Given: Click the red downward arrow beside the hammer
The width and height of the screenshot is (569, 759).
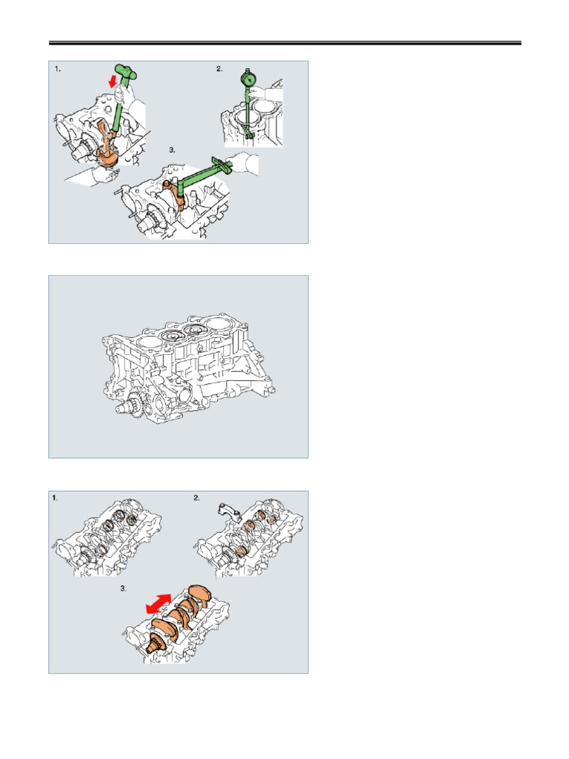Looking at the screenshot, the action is pos(113,80).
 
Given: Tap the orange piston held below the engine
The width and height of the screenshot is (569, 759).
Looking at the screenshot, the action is pos(107,157).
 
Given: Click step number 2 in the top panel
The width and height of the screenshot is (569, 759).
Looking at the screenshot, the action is pos(219,69).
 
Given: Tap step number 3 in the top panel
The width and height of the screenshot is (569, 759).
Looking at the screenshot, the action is pos(172,150).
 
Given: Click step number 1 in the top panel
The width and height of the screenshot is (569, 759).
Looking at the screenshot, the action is pos(58,69).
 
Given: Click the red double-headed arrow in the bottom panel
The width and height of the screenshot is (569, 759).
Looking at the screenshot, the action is pos(159,604).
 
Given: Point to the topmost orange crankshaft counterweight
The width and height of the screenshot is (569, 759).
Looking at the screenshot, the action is pos(199,594).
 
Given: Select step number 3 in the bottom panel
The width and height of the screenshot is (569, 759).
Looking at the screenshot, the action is pos(124,589).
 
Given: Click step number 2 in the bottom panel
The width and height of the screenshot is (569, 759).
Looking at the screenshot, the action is pos(196,497).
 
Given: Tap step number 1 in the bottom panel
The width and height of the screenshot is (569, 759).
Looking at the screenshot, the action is pos(55,497).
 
